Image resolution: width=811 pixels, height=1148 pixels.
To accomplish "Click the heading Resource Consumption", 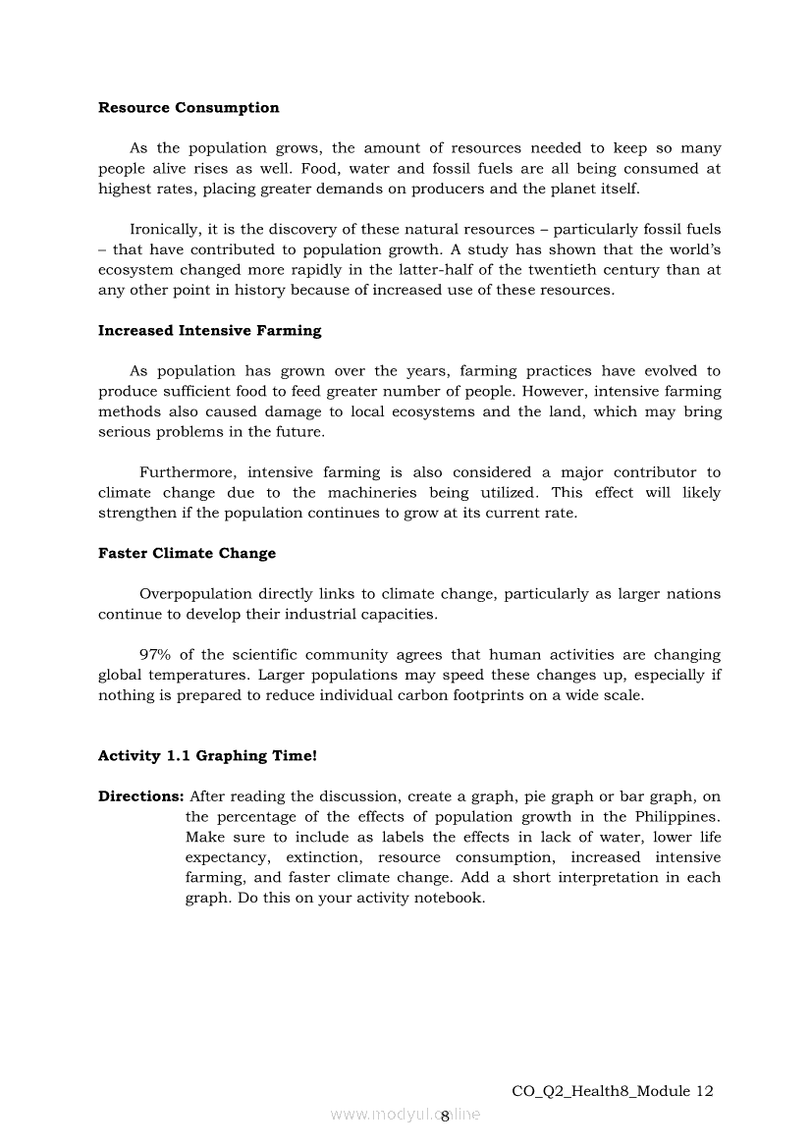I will [189, 108].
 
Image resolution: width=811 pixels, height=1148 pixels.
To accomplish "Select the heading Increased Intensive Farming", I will [209, 331].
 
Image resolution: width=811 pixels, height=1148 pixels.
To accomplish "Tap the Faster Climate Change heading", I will [187, 554].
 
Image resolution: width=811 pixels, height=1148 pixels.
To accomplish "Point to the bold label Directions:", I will [140, 796].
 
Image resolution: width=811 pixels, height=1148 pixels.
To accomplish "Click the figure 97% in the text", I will [155, 655].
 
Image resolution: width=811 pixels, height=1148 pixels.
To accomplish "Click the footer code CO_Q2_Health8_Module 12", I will [613, 1091].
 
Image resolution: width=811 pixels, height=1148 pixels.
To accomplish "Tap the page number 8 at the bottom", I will [445, 1116].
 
